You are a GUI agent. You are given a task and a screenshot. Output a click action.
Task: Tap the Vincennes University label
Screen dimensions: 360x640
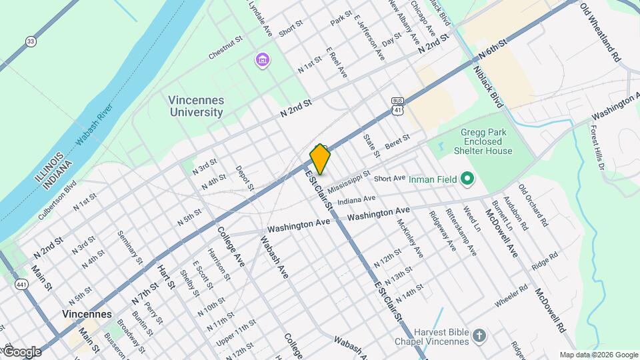[195, 106]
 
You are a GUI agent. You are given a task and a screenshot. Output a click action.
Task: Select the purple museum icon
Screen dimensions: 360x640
[263, 61]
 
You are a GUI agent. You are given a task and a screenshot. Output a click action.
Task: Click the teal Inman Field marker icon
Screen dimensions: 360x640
[467, 178]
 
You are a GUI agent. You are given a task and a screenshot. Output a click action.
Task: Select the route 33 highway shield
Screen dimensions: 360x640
[31, 41]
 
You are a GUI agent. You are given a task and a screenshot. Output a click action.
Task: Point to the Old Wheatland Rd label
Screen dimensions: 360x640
[600, 33]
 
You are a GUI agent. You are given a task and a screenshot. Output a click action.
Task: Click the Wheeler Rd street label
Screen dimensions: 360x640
[511, 297]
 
